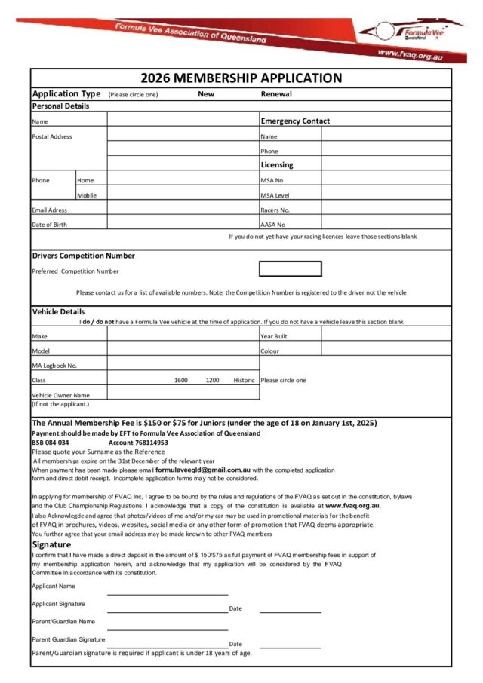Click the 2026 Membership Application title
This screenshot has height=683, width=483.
click(241, 78)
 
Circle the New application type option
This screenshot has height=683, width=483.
click(206, 94)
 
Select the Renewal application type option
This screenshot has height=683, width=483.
click(276, 94)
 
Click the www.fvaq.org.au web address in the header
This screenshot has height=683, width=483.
click(410, 54)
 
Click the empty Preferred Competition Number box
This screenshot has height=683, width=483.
click(290, 269)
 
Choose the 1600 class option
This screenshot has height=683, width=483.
click(181, 380)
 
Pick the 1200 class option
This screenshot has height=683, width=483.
click(212, 380)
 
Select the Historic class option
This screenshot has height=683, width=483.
click(244, 380)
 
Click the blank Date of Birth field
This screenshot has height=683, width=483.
click(183, 224)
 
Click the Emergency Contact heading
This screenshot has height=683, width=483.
click(295, 121)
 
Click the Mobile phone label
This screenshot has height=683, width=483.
click(86, 195)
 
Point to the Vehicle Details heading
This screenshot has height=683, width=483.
click(58, 311)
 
